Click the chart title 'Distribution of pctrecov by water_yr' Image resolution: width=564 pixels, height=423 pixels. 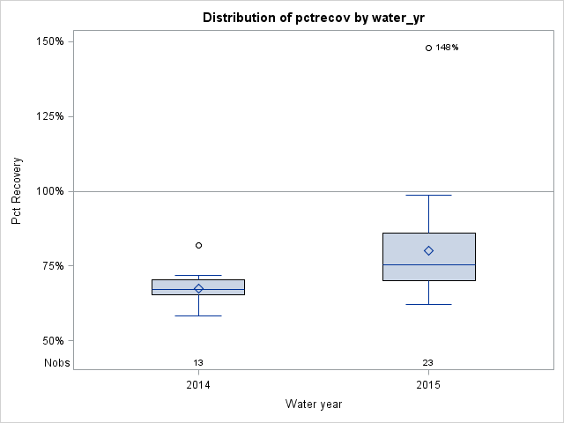(313, 18)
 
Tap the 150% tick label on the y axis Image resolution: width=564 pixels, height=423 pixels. (48, 41)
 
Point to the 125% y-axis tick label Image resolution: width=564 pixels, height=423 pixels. (48, 116)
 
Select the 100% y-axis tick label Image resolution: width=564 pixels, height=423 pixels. (48, 191)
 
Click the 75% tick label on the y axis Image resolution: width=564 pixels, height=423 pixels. (51, 266)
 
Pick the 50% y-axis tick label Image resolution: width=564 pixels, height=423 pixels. (51, 341)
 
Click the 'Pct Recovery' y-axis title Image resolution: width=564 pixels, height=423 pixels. (17, 191)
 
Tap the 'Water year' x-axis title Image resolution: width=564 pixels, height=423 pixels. (313, 404)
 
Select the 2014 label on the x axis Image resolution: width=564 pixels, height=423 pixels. (198, 385)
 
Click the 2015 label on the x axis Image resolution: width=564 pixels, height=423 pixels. (428, 385)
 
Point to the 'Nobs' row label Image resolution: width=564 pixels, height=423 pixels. (56, 362)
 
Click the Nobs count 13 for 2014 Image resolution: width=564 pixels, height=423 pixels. (198, 362)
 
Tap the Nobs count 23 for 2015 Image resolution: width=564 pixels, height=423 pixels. (428, 362)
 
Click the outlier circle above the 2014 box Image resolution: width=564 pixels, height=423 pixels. (198, 245)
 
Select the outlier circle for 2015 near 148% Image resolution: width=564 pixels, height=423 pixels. (428, 48)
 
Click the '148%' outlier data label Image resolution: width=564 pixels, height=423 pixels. (448, 48)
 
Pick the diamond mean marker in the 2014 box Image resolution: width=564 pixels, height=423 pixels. (198, 288)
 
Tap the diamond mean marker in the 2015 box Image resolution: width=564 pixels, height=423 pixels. (428, 250)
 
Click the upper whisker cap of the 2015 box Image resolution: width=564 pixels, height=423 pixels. (428, 195)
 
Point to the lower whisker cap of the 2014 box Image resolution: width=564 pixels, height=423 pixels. (198, 315)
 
